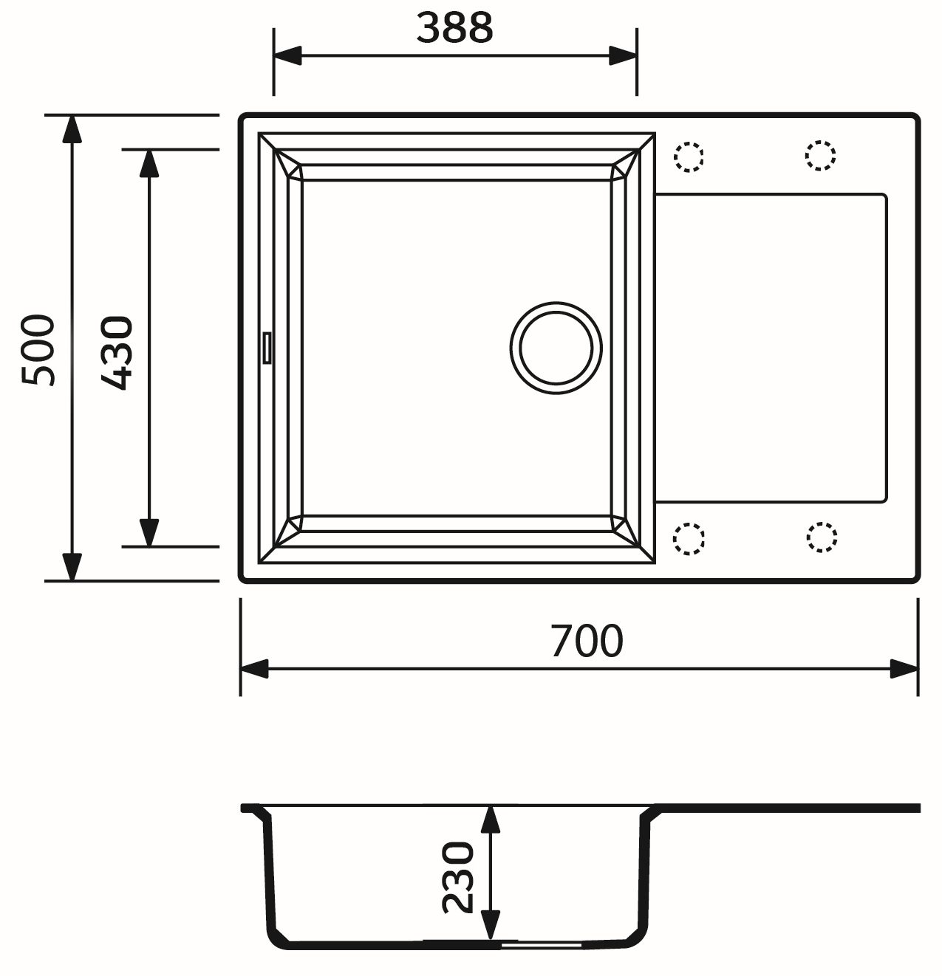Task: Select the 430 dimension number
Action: [117, 352]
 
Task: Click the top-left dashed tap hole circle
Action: [689, 157]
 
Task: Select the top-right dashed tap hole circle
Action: [820, 156]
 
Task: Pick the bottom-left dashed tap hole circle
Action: [689, 538]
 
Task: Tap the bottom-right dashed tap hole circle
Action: [821, 537]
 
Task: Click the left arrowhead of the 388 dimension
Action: [287, 55]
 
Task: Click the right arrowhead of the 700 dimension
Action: [904, 669]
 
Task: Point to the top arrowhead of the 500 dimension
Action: [72, 129]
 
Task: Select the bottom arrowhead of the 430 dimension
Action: [149, 532]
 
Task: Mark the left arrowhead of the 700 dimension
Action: [254, 669]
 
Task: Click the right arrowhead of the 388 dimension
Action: [622, 55]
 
